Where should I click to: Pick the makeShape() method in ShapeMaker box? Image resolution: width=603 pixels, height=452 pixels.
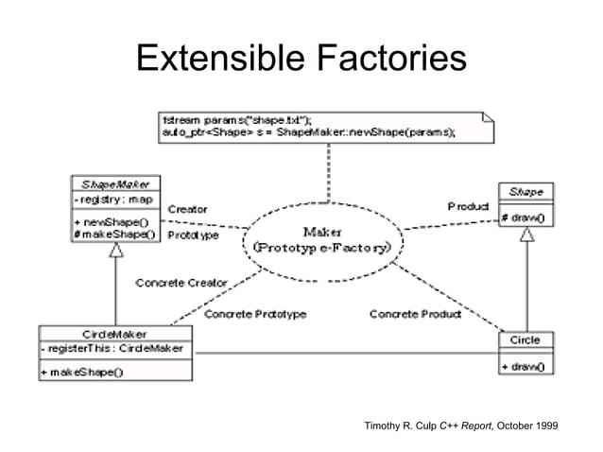pos(110,233)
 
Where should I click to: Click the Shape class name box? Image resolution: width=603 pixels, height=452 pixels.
pos(526,191)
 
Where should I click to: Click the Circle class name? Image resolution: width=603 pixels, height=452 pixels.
pos(525,339)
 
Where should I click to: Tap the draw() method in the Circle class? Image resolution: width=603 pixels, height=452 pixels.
pos(526,365)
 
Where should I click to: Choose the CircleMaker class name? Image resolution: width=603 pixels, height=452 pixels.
pos(114,333)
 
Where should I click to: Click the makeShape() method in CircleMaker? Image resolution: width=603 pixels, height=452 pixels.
pos(82,372)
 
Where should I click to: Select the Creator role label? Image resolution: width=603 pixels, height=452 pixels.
pos(188,208)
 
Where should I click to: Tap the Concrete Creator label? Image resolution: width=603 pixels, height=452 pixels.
pos(181,282)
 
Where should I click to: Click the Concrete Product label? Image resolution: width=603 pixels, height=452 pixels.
pos(415,313)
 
